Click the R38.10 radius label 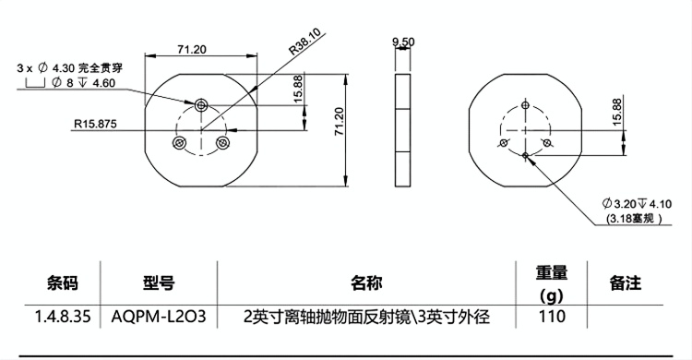pyautogui.click(x=305, y=42)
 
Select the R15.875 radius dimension pyautogui.click(x=95, y=124)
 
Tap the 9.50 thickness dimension pyautogui.click(x=403, y=42)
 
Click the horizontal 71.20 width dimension pyautogui.click(x=192, y=49)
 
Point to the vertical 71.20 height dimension pyautogui.click(x=339, y=121)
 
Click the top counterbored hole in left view pyautogui.click(x=201, y=104)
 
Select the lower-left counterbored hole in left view pyautogui.click(x=179, y=143)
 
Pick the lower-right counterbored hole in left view pyautogui.click(x=222, y=143)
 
